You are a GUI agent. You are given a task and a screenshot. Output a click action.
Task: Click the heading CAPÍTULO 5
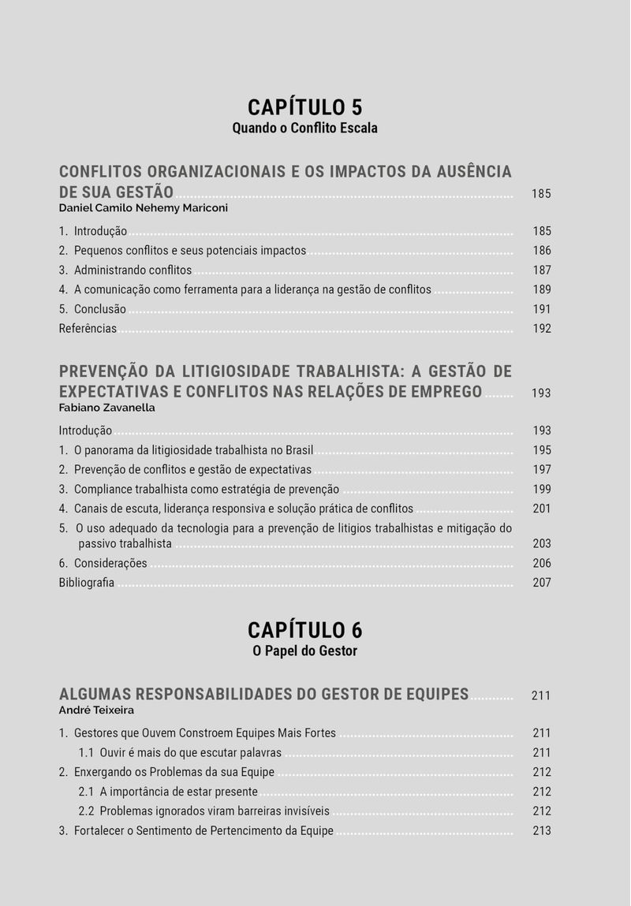[304, 107]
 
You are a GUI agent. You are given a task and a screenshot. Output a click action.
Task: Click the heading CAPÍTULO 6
[304, 630]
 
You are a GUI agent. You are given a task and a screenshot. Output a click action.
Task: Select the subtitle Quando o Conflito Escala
[304, 128]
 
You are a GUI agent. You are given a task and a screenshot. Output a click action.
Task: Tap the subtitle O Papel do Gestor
[304, 651]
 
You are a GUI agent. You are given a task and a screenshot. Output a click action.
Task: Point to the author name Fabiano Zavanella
[106, 408]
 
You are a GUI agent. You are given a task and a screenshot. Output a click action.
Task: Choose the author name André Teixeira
[96, 710]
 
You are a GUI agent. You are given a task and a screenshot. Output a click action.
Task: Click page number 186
[542, 251]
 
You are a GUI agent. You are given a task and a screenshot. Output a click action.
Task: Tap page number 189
[542, 289]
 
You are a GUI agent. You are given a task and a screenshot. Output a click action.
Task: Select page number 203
[542, 543]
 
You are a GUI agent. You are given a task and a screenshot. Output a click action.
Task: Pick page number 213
[542, 830]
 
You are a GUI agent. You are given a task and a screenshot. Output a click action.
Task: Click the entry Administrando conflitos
[133, 270]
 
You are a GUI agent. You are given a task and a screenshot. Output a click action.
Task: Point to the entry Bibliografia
[87, 583]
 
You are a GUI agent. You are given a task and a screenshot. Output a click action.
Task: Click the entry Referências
[88, 329]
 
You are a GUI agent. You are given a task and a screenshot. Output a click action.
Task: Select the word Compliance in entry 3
[102, 489]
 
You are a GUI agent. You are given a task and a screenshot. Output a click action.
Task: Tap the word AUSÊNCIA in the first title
[471, 172]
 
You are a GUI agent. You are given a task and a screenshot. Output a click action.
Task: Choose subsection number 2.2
[87, 811]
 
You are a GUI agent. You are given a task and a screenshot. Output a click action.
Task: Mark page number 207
[542, 583]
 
